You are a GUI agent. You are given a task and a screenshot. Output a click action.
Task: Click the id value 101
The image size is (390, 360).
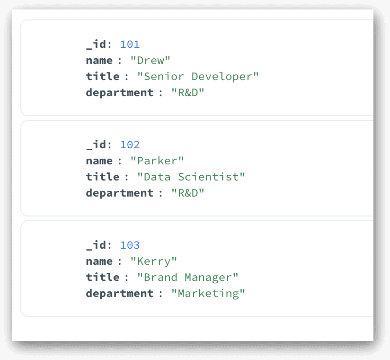[130, 45]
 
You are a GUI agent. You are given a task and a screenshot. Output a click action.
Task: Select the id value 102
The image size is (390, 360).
[130, 144]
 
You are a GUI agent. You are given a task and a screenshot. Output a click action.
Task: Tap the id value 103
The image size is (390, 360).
[130, 245]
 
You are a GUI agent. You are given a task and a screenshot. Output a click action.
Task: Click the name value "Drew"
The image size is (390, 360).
[150, 60]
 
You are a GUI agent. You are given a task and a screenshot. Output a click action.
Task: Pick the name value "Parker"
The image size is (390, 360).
[157, 161]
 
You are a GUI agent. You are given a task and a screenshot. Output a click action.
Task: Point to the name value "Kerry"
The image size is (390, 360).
[154, 261]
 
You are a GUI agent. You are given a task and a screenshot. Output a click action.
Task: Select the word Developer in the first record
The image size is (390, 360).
[222, 76]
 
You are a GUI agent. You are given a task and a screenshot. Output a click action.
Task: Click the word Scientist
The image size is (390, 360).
[208, 177]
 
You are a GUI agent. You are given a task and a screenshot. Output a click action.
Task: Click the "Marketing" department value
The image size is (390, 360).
[208, 294]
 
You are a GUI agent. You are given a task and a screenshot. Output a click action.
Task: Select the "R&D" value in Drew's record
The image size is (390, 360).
[188, 93]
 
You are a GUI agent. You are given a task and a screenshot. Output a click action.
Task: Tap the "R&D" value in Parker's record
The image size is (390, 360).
[188, 193]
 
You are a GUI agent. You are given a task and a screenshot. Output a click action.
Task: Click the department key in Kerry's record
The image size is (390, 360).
[120, 293]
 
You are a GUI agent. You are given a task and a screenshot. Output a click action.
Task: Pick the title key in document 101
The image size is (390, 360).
[103, 76]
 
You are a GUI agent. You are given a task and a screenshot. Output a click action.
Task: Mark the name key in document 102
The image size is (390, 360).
[99, 161]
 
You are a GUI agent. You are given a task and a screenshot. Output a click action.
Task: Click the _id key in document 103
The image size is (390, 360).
[96, 245]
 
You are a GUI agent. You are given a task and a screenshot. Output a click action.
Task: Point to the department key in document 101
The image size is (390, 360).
[120, 92]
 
